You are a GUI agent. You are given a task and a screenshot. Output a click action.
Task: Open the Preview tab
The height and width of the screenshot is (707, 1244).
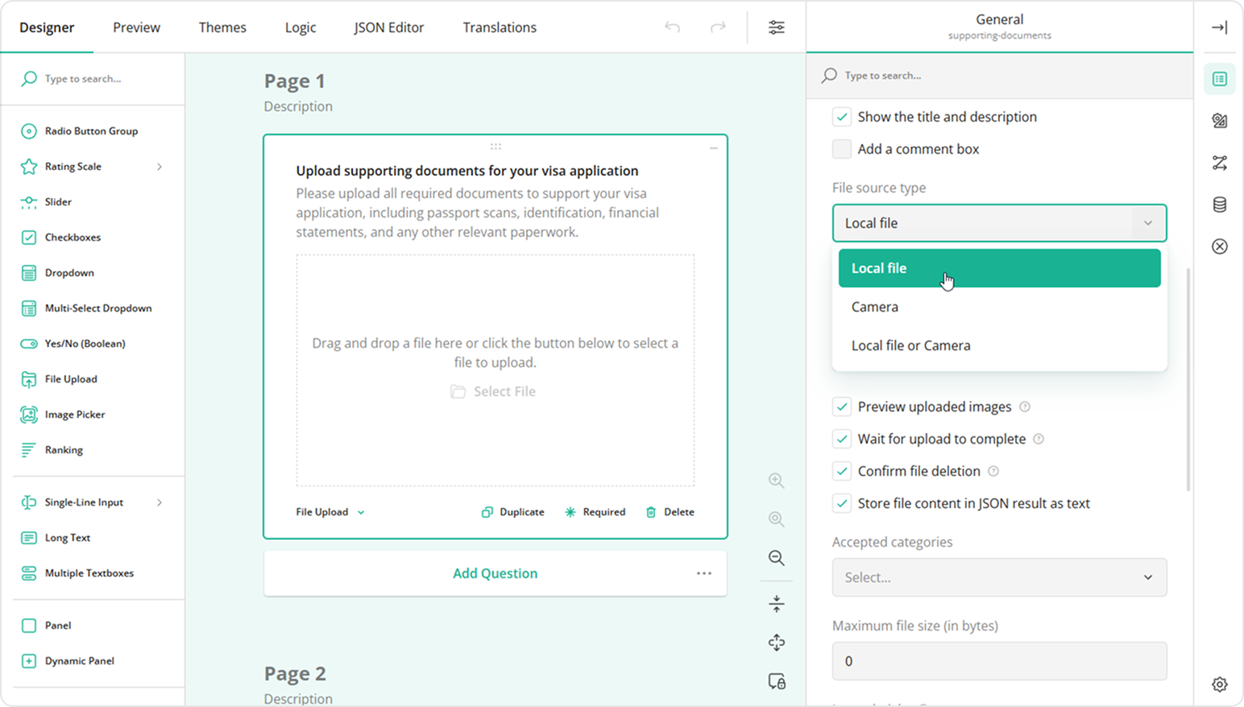pyautogui.click(x=136, y=27)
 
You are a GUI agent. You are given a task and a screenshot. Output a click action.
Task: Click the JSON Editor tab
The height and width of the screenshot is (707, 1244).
pyautogui.click(x=388, y=27)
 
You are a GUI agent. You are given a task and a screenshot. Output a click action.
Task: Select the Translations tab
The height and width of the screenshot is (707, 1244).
pyautogui.click(x=500, y=27)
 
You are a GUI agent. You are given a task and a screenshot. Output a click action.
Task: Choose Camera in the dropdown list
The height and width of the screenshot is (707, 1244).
pyautogui.click(x=875, y=307)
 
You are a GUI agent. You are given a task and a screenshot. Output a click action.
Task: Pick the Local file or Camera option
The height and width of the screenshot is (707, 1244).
pyautogui.click(x=910, y=345)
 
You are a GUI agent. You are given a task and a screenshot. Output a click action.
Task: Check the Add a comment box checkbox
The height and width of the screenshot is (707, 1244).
pyautogui.click(x=842, y=149)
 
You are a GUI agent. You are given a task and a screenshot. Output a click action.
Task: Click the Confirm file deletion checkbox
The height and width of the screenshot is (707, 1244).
pyautogui.click(x=842, y=471)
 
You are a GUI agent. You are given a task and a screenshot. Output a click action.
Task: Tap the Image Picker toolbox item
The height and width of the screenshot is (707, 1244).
pyautogui.click(x=75, y=415)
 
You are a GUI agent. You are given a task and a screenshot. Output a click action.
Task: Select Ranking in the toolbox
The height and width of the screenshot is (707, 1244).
pyautogui.click(x=64, y=450)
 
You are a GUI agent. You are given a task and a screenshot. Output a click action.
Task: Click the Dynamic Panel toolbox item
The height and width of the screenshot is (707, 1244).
pyautogui.click(x=79, y=661)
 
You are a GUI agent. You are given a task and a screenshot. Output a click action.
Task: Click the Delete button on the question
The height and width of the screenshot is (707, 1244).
pyautogui.click(x=670, y=512)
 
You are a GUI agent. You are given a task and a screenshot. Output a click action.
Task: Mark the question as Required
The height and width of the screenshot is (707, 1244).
pyautogui.click(x=595, y=512)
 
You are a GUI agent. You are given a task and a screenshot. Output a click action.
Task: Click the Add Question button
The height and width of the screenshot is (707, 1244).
pyautogui.click(x=495, y=573)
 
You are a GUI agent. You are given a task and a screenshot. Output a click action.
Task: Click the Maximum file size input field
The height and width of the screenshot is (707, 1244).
pyautogui.click(x=999, y=661)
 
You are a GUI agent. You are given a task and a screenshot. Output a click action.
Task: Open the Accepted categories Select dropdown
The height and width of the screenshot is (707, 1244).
pyautogui.click(x=999, y=577)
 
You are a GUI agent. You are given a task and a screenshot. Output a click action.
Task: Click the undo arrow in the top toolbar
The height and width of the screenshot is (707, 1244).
pyautogui.click(x=672, y=27)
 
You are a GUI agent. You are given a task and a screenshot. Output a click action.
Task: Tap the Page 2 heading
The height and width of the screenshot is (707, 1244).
pyautogui.click(x=295, y=673)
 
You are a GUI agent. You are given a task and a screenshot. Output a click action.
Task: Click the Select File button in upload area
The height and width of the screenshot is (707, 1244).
pyautogui.click(x=494, y=391)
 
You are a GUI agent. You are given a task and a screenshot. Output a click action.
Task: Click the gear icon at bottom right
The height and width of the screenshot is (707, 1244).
pyautogui.click(x=1219, y=684)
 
